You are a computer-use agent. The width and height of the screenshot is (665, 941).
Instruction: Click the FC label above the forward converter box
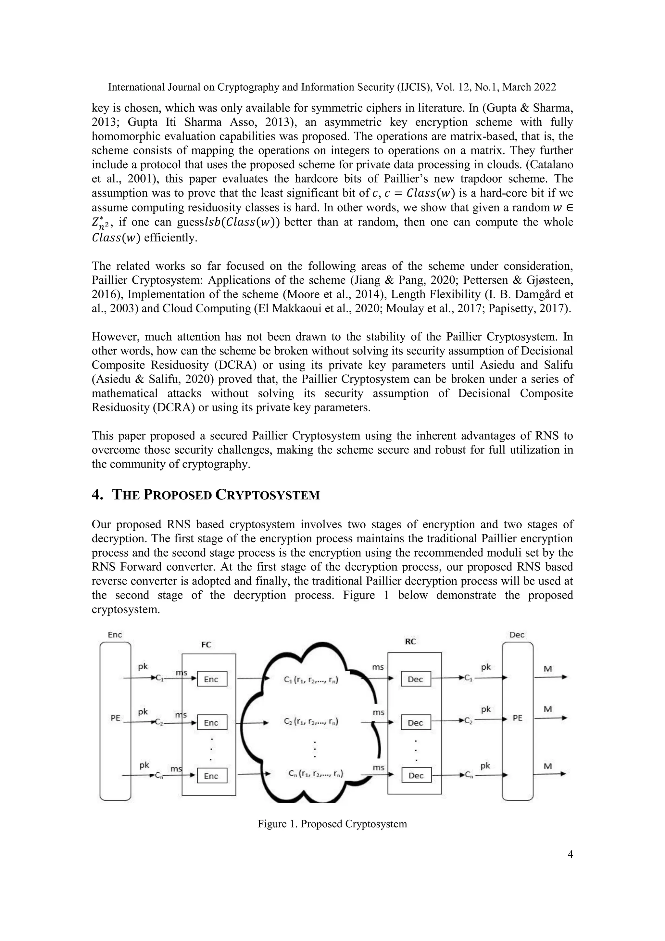pyautogui.click(x=206, y=645)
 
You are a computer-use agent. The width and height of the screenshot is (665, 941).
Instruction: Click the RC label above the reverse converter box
pyautogui.click(x=410, y=642)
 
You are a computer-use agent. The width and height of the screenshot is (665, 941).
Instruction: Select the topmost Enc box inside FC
pyautogui.click(x=212, y=679)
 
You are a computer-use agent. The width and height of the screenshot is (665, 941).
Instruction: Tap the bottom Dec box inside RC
pyautogui.click(x=416, y=775)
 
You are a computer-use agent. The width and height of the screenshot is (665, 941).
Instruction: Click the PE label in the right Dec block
pyautogui.click(x=518, y=718)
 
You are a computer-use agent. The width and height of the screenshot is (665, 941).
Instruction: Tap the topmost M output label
pyautogui.click(x=548, y=668)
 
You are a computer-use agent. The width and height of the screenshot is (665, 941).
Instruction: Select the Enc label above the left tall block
pyautogui.click(x=115, y=635)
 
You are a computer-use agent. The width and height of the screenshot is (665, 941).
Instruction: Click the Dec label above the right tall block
pyautogui.click(x=517, y=635)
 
